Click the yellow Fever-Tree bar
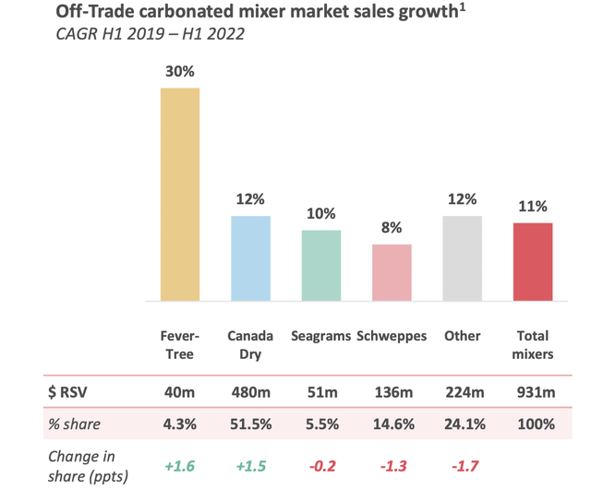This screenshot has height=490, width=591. coord(180,194)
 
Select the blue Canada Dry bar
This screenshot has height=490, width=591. coord(251,258)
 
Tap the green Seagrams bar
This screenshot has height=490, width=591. coord(320,265)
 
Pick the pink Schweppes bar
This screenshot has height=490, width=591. coord(392,272)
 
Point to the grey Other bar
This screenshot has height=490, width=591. coord(462,258)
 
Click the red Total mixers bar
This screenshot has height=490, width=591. coord(532,261)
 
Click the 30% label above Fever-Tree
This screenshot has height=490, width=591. coord(180,71)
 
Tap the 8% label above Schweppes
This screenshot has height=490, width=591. coord(392,228)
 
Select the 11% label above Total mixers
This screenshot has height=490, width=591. coord(533,207)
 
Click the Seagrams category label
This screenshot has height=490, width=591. coord(320,336)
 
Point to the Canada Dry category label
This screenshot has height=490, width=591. coord(250,344)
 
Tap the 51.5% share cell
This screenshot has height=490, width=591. coord(250,424)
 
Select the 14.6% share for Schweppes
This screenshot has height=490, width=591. coord(392,424)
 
